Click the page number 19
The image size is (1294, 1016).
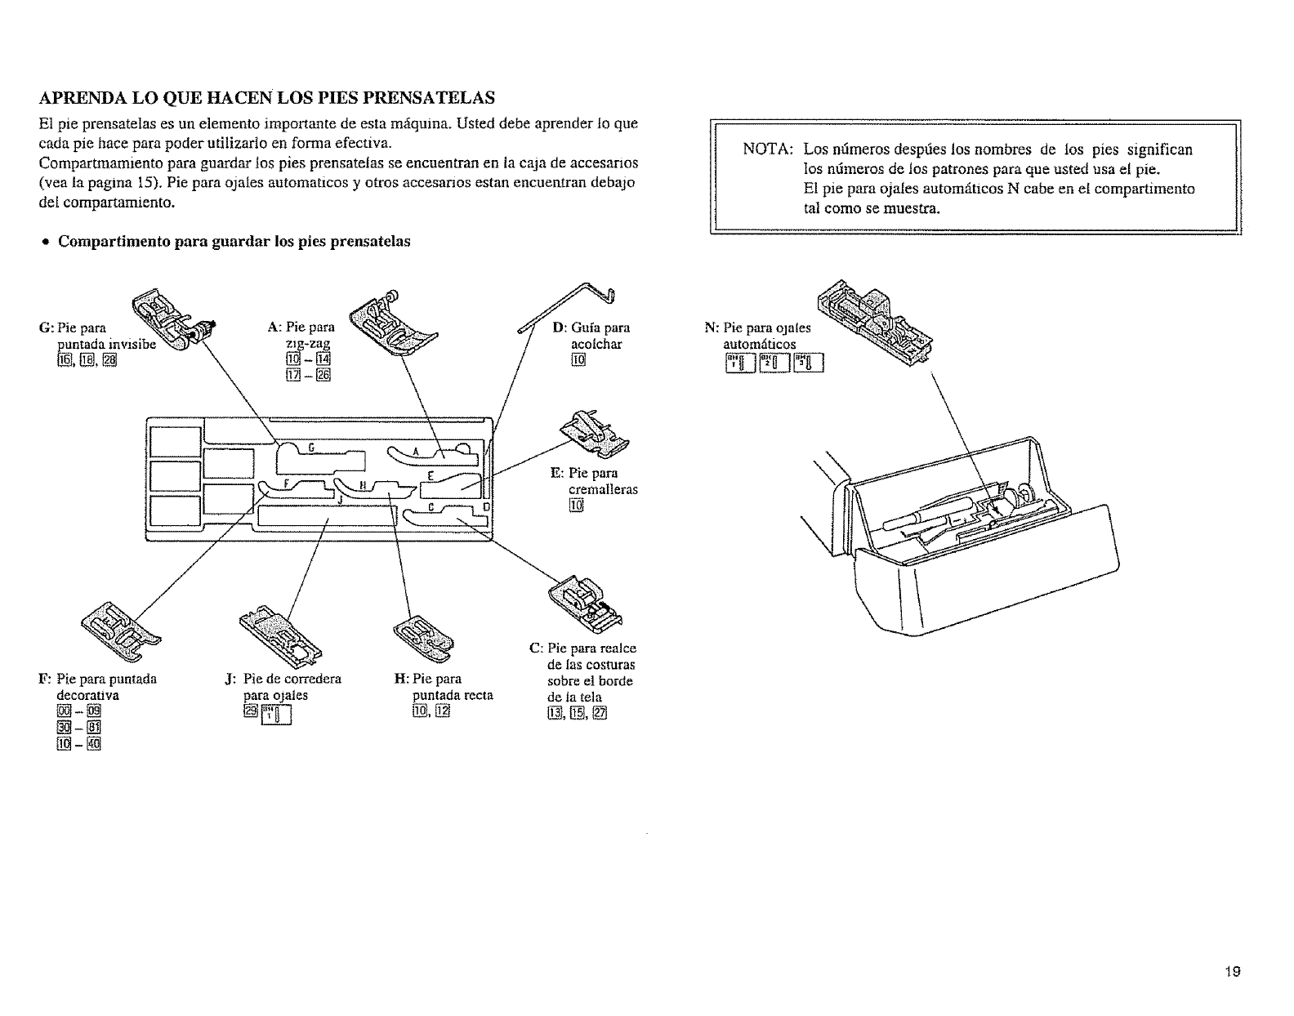click(1233, 971)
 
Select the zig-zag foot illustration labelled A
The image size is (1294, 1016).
click(390, 321)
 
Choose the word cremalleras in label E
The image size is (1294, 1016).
click(603, 489)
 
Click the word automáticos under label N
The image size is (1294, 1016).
click(760, 345)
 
